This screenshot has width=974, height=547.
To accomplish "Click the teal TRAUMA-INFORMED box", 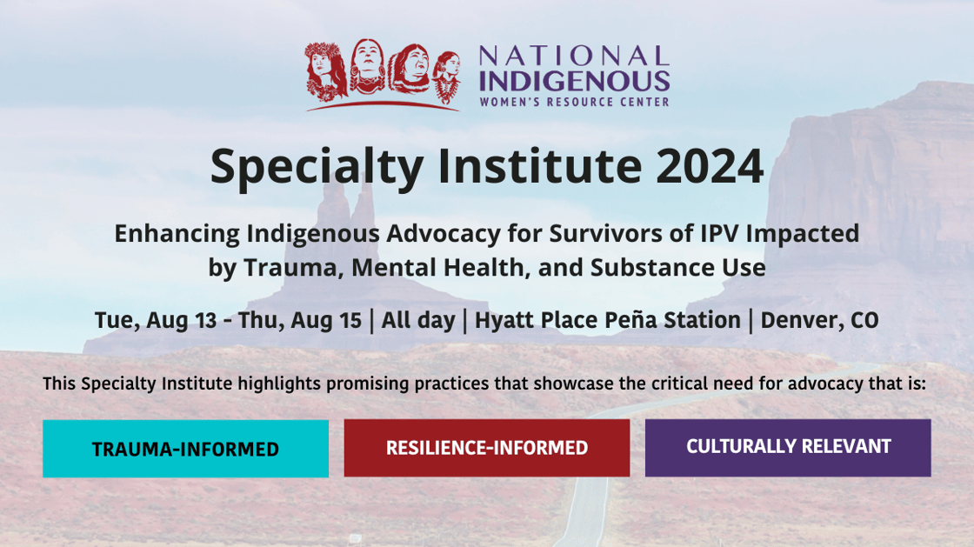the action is (186, 448).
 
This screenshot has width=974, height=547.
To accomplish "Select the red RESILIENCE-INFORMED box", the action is (487, 448).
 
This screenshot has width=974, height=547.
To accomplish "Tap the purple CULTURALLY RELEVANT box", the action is (788, 448).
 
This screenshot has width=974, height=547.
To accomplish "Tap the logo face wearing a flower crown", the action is (325, 70).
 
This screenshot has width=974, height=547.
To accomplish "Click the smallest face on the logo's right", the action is (447, 76).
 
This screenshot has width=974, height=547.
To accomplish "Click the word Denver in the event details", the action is (798, 320).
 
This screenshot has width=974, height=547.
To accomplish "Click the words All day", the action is (418, 321).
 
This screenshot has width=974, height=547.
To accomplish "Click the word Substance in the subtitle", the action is (650, 268).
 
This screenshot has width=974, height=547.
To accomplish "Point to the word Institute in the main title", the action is (540, 166).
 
